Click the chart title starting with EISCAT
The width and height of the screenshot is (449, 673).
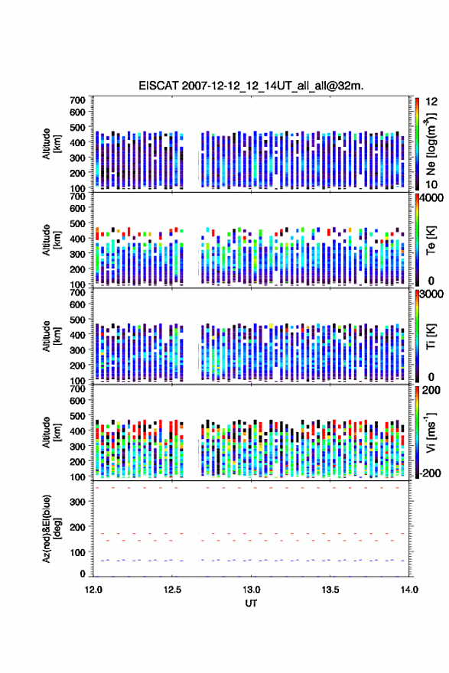251,86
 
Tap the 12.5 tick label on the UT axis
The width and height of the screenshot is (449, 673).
172,590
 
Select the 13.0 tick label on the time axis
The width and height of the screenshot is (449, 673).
251,590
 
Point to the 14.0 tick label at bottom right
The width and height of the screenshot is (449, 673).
409,590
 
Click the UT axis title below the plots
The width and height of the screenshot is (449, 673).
251,603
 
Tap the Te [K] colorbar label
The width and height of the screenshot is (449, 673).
431,240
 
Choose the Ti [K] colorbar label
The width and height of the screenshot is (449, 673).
431,336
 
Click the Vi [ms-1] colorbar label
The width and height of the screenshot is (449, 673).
431,432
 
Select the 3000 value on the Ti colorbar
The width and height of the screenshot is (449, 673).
432,294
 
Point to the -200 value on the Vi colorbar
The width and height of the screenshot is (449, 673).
430,473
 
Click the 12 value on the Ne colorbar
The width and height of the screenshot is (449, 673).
431,102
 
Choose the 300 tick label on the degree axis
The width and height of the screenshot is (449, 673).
78,502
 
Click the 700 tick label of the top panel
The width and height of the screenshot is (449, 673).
78,100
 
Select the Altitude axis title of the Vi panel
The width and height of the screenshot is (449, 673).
50,432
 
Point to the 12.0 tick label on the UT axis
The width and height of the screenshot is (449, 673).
93,590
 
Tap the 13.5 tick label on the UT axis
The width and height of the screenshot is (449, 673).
330,590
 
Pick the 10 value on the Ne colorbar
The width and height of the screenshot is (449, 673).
431,184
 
